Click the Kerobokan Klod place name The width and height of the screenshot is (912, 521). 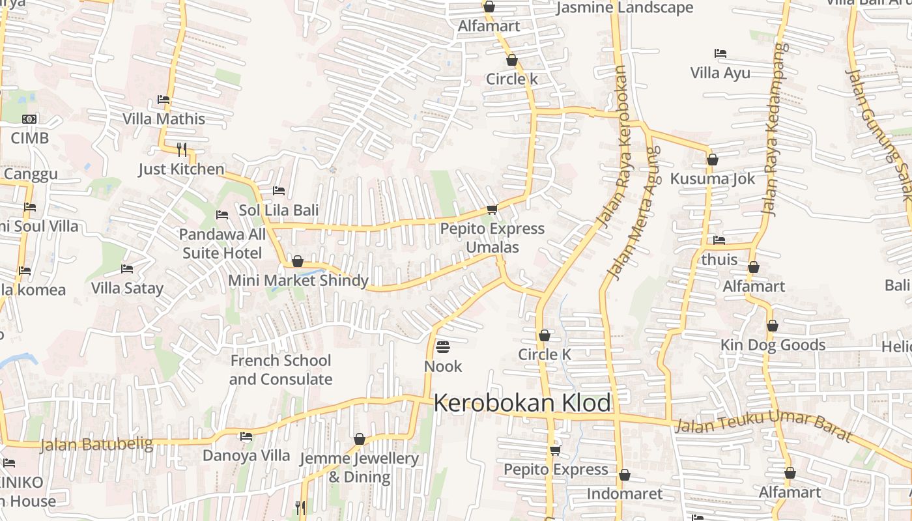pos(522,403)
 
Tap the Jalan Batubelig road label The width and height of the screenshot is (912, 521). pos(96,445)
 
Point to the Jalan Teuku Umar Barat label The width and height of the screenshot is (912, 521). pos(763,424)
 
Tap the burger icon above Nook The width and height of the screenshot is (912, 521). pos(443,346)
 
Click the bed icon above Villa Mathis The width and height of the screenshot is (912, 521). pos(164,100)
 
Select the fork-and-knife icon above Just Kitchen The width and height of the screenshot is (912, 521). pos(182,149)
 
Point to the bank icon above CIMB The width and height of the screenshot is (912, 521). pos(29,119)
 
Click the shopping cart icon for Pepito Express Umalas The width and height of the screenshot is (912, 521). pos(492,209)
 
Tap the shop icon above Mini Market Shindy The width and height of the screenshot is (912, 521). pos(298,261)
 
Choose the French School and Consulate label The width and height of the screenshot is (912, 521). pos(280,370)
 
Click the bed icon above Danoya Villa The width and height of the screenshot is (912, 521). pos(246,436)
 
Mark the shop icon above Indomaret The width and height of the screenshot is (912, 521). pos(624,475)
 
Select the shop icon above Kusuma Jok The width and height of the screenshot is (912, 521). pos(713,160)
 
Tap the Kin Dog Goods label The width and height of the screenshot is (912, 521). pos(773,345)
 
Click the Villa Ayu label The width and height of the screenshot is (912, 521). pos(720,73)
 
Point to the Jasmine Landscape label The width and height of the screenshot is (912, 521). pos(624,8)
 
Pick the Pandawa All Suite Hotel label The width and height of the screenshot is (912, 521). pos(222,244)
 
